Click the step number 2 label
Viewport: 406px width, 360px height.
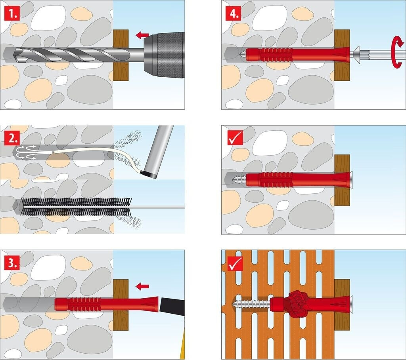[x=12, y=139]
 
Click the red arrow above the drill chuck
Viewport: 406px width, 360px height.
[x=142, y=35]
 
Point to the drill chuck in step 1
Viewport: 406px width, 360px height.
[x=164, y=55]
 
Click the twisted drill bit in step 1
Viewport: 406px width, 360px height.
[x=72, y=55]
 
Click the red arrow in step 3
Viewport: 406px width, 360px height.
[x=142, y=286]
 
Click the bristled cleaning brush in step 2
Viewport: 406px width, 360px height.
[x=77, y=207]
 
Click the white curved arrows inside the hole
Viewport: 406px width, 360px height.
[x=25, y=152]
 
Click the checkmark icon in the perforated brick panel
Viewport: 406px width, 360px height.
[x=235, y=263]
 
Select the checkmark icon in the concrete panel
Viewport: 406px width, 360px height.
[x=235, y=137]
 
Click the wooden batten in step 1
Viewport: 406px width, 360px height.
[x=121, y=55]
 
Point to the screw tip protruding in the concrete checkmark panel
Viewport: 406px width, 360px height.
[x=238, y=179]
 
